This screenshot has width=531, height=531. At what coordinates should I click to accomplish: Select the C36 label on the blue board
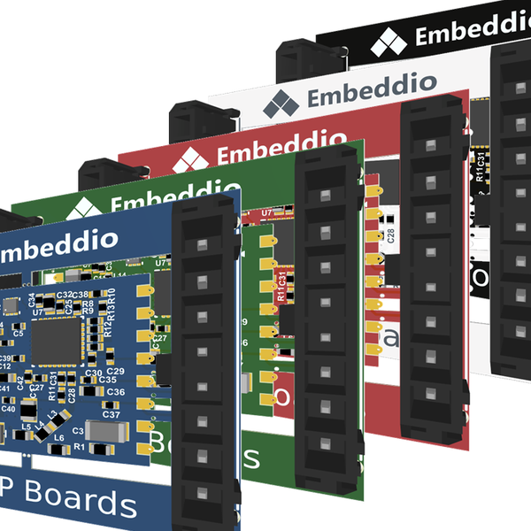click(x=116, y=392)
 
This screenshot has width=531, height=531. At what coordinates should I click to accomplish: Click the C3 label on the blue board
click(x=78, y=431)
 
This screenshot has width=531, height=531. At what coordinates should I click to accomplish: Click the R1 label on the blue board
click(x=79, y=447)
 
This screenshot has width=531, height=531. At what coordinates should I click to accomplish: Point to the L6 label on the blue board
click(x=58, y=438)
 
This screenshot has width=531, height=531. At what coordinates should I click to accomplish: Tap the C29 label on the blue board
click(x=115, y=371)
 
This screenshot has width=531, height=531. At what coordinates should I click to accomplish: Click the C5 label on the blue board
click(x=19, y=334)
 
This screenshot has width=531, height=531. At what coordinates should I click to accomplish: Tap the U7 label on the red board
click(x=267, y=213)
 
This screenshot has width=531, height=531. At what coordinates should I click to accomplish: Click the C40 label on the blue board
click(x=8, y=409)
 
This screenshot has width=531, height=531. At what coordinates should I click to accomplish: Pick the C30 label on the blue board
click(x=93, y=373)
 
